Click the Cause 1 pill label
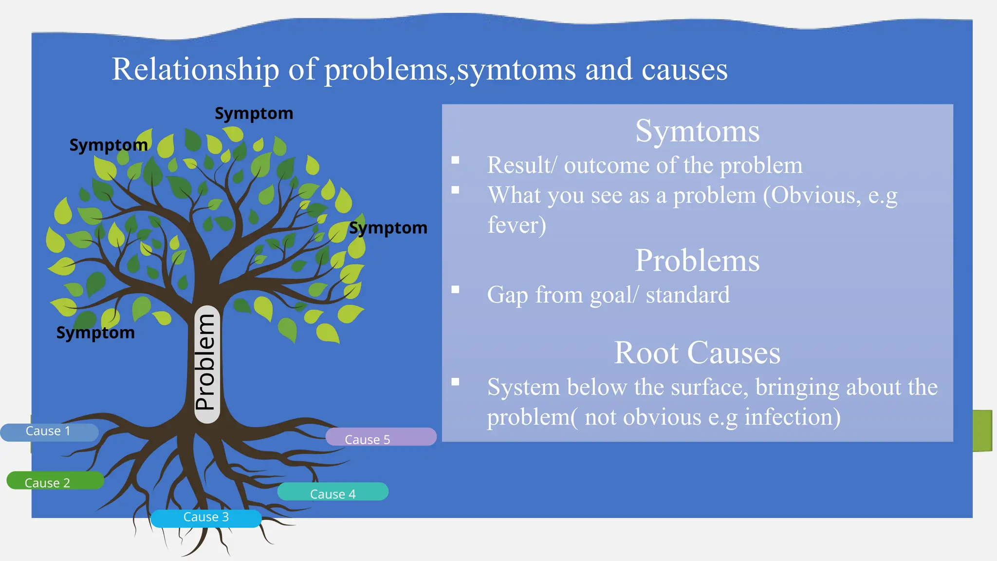point(49,432)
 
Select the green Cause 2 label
point(55,481)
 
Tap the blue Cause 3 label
point(206,518)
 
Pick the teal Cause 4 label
point(333,492)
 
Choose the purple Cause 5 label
point(381,437)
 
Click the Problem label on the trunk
point(206,363)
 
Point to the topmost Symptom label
point(254,114)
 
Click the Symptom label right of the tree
point(388,228)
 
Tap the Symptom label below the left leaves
point(95,333)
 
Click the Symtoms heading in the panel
point(697,131)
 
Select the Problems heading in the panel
point(697,261)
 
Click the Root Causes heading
point(697,353)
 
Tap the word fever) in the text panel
point(517,225)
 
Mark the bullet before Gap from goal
point(455,290)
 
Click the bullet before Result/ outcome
point(455,160)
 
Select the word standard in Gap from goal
point(687,295)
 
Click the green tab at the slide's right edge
point(982,430)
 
